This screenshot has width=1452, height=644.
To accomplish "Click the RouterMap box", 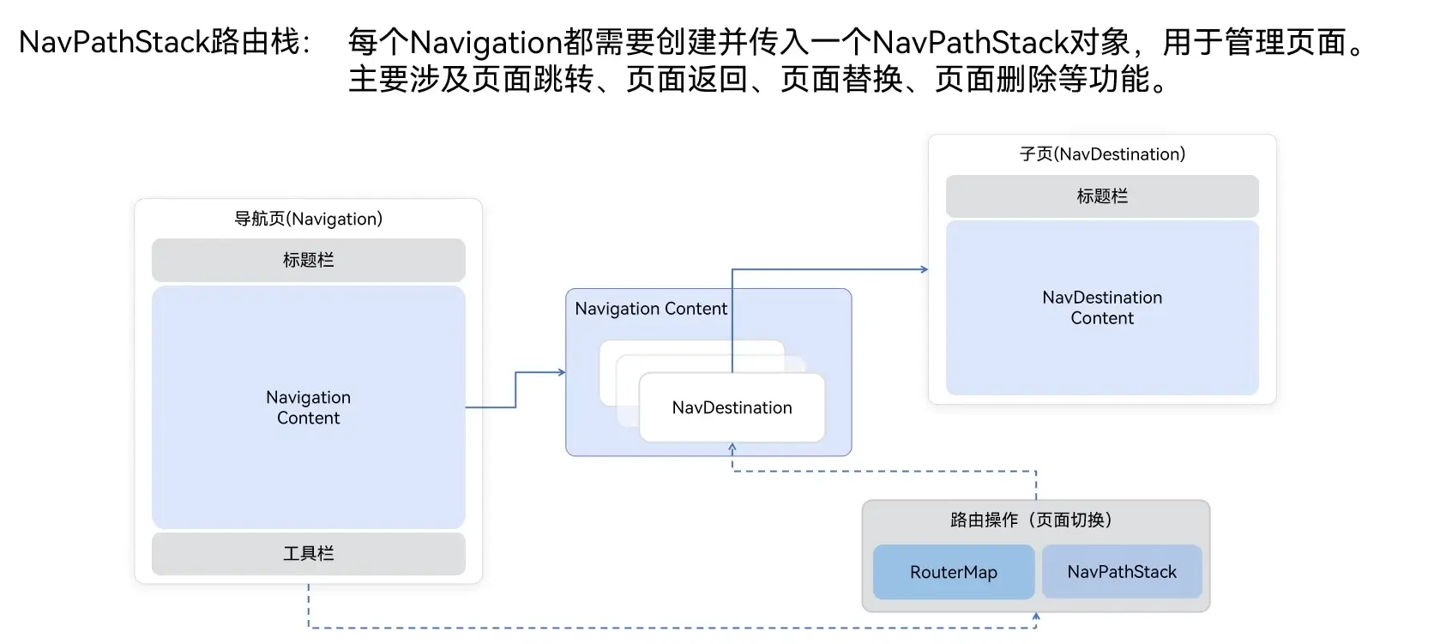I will tap(953, 572).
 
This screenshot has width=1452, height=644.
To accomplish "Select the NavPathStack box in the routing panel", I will tap(1121, 572).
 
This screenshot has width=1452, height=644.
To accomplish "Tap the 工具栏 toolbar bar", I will tap(308, 554).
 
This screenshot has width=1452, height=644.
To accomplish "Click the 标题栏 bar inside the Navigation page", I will tap(308, 260).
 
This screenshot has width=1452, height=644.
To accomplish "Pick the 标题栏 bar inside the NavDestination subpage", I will tap(1102, 196).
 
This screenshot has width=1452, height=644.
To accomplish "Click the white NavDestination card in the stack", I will tap(732, 408).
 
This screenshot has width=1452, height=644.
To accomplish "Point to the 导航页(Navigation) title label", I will tap(308, 219).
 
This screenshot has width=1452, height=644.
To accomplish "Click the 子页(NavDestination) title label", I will tap(1102, 154).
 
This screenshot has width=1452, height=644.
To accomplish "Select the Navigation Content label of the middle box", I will tap(650, 309).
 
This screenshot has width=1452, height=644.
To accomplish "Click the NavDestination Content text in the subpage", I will tap(1102, 308).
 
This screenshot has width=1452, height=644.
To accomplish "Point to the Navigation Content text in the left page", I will tap(308, 407).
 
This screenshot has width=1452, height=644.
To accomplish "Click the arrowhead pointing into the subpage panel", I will tap(924, 269).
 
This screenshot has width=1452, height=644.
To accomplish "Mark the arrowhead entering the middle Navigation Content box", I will tap(562, 372).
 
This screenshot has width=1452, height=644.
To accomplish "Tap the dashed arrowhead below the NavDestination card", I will tap(732, 448).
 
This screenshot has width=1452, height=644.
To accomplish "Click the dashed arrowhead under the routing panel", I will tap(1036, 616).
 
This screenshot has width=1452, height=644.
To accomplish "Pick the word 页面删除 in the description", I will tap(996, 80).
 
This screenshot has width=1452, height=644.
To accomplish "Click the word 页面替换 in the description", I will tap(841, 80).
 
